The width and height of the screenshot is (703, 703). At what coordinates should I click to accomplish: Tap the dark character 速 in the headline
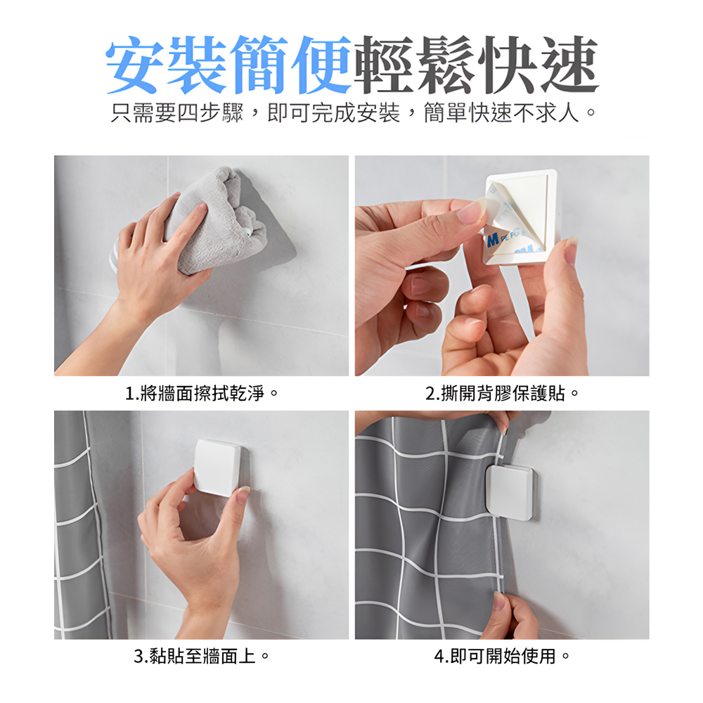point(567,64)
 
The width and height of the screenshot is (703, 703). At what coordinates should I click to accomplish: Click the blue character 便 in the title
point(320,64)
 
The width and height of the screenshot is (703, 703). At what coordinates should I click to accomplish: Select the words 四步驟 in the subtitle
point(210,113)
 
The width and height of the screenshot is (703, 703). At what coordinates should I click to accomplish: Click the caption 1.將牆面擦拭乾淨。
point(202,393)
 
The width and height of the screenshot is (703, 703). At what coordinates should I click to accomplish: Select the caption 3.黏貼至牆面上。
point(202,657)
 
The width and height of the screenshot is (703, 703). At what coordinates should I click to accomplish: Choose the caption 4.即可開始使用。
point(501,657)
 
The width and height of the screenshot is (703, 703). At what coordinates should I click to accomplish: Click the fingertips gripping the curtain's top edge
point(501,420)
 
